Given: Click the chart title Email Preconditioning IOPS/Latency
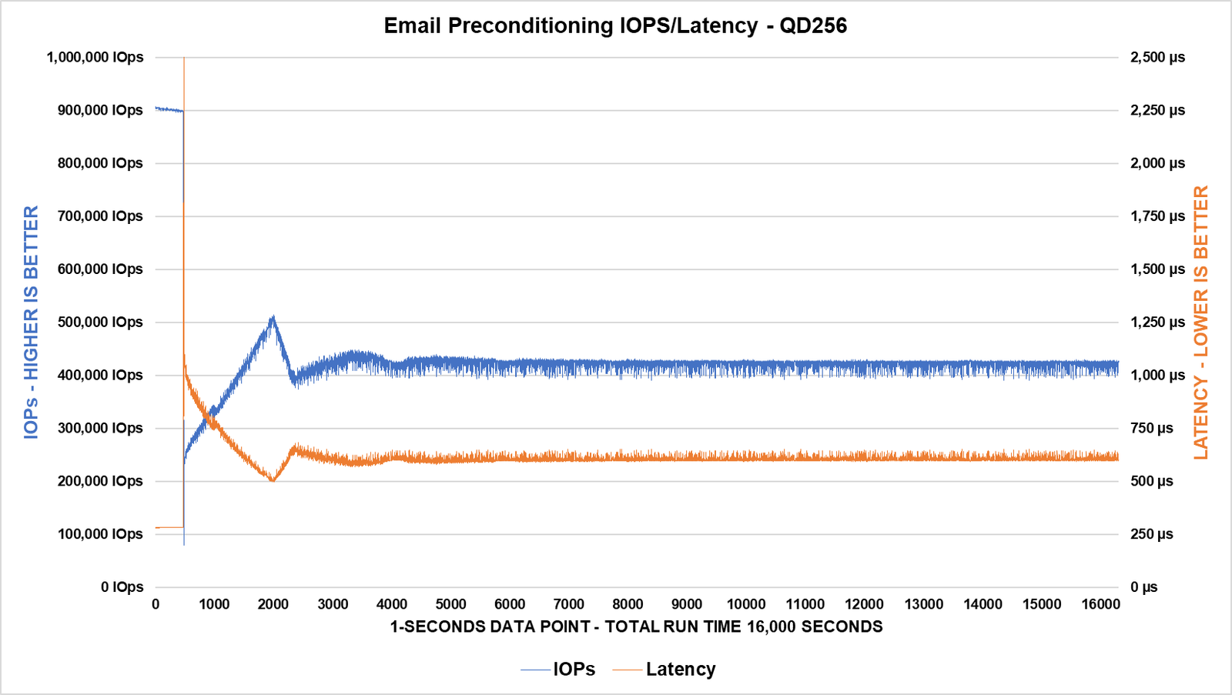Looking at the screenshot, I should pos(615,25).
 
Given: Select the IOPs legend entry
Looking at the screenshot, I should pos(574,669).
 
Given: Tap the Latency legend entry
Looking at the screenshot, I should pos(681,669).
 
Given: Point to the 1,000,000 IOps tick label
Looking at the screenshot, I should pos(95,57).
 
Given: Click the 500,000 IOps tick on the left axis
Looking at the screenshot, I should pos(100,322).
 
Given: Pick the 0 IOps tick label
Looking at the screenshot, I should pos(122,586).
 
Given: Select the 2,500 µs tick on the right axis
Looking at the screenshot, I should pos(1157,57).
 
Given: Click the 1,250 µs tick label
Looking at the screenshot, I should pos(1157,322).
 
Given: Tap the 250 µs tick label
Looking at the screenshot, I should pos(1151,533).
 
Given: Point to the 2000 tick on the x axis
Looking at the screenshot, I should pos(273,604).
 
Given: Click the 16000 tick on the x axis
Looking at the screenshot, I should pos(1100,604).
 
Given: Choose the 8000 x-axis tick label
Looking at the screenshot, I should pos(628,604).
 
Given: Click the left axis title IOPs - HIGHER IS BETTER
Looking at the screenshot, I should pos(31,322).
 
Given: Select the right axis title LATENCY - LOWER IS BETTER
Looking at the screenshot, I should pos(1200,322).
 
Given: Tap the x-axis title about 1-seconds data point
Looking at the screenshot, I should pos(636,627).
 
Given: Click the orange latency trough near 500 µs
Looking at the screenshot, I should pos(273,480).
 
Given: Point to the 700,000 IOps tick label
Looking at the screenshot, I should pos(100,216).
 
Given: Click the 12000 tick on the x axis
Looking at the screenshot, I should pos(864,604).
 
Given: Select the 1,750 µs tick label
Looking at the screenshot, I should pos(1157,216).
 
